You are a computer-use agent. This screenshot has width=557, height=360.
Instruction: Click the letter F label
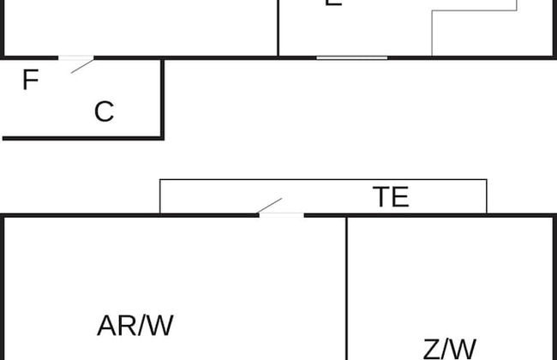[30, 81]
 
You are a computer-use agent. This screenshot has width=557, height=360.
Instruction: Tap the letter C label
[104, 111]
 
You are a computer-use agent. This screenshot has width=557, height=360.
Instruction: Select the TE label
[391, 197]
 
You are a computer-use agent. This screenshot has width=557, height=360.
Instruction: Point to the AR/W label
[135, 326]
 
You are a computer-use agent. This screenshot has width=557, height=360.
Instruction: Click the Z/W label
[449, 349]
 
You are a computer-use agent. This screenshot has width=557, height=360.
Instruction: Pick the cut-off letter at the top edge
[334, 3]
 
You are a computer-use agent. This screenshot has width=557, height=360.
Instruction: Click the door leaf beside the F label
[82, 65]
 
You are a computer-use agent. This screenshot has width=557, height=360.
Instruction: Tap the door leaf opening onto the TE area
[270, 206]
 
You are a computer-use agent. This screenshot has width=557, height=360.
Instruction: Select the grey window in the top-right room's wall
[351, 57]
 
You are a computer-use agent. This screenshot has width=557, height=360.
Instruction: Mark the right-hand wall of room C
[162, 99]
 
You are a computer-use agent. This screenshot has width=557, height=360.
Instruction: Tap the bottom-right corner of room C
[162, 137]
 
